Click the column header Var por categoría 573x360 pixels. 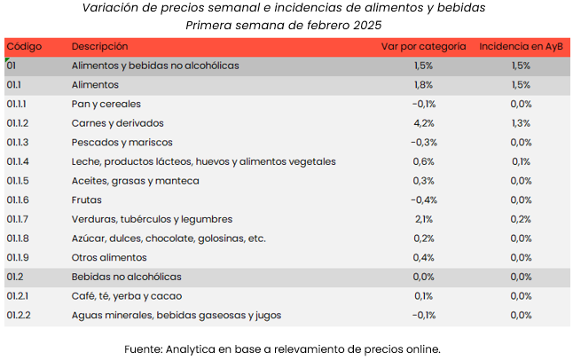point(422,46)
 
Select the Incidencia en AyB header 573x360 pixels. point(521,46)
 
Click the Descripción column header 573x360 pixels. point(99,46)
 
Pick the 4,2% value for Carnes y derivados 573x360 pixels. point(423,123)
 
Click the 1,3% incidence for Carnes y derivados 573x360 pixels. point(521,123)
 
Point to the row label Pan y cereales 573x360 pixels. point(106,104)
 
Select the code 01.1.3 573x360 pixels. point(18,142)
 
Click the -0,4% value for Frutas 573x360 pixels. point(423,200)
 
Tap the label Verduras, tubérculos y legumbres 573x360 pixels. point(152,219)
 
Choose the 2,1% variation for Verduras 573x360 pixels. point(423,219)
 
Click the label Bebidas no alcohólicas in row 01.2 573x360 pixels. point(126,277)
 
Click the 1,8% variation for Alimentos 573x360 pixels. point(423,85)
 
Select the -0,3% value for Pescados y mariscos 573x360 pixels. point(423,142)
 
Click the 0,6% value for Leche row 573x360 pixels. point(423,161)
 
